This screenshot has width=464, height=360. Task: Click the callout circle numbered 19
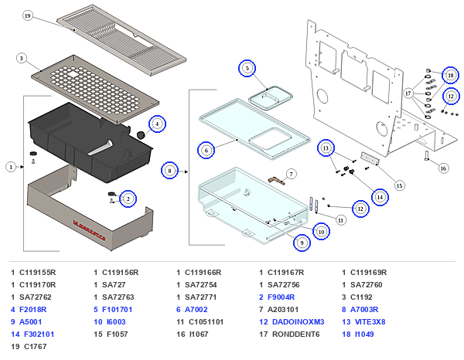coord(28,15)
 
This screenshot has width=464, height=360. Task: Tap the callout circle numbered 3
coord(22,58)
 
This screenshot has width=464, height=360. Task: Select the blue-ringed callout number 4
coord(157,124)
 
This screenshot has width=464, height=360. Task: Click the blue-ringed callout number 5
coord(247,68)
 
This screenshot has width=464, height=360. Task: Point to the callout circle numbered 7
coord(292,174)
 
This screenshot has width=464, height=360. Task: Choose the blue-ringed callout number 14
coord(380,197)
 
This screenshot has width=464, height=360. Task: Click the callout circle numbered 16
coord(443,168)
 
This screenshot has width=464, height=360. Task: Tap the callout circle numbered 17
coord(408,93)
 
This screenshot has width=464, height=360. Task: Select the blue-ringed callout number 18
coord(451,76)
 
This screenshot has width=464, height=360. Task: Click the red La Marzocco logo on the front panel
coord(89,230)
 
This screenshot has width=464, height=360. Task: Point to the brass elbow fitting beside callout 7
coord(276,181)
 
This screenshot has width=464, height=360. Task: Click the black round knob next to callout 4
coord(141,136)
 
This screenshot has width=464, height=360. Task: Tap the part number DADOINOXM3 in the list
coord(298,322)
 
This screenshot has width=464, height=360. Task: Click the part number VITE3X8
coord(370,322)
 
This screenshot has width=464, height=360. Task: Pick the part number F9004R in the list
coord(281,297)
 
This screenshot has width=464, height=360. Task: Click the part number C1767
coord(36,346)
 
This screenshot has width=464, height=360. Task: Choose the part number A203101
coord(283,310)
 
